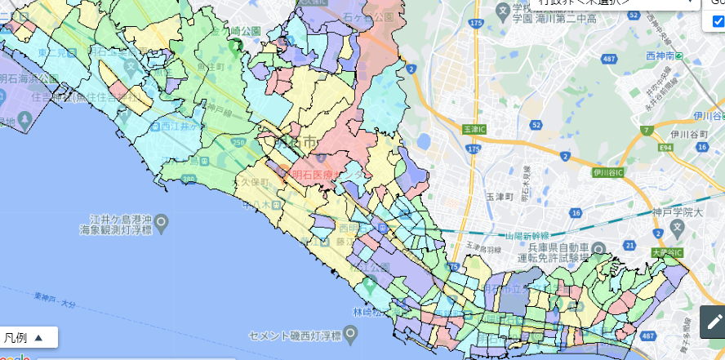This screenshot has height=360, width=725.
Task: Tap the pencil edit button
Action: point(713,322)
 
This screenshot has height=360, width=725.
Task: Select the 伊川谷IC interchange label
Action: point(608,173)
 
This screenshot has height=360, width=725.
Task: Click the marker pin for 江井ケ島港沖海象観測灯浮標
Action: point(162,220)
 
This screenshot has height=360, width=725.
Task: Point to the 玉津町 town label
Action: point(499,197)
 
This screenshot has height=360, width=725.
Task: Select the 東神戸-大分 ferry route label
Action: point(55,300)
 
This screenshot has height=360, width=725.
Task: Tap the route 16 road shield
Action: point(576,213)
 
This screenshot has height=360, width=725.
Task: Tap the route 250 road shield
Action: point(238,142)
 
